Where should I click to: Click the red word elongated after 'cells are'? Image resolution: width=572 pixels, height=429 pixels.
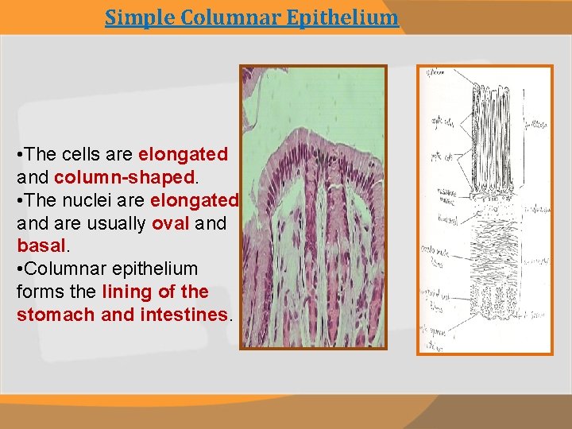pyautogui.click(x=183, y=153)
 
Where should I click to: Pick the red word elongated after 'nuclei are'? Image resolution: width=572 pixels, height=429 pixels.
pyautogui.click(x=194, y=199)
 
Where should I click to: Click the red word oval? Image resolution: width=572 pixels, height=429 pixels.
pyautogui.click(x=171, y=222)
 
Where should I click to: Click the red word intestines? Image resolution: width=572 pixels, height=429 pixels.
pyautogui.click(x=184, y=315)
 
